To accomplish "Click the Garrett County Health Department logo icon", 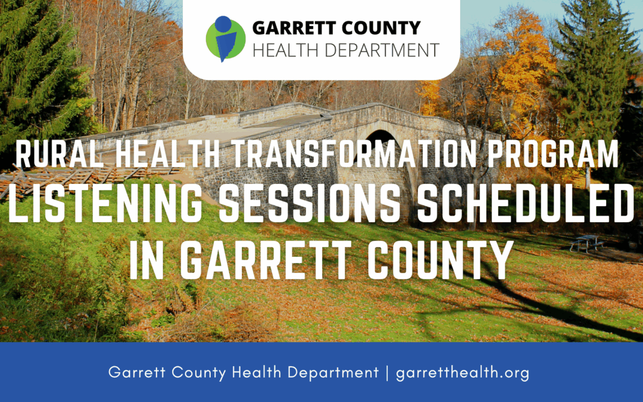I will [225, 39].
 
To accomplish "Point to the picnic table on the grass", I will [586, 243].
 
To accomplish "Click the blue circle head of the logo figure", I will [222, 24].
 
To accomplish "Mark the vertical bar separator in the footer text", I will [388, 373].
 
